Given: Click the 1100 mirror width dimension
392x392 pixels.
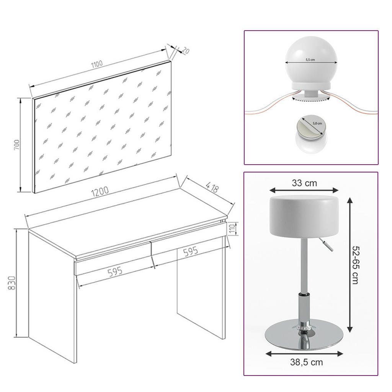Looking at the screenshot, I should (x=97, y=64).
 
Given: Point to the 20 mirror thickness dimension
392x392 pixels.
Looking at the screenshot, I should (x=186, y=50).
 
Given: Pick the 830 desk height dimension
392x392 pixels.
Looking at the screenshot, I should (x=11, y=283).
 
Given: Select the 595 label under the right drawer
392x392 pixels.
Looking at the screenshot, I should (x=190, y=252).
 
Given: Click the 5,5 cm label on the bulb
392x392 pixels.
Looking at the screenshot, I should (x=310, y=60).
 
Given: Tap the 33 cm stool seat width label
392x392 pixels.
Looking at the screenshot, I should (x=304, y=183).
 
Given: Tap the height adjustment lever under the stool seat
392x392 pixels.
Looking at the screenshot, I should (x=326, y=245).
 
